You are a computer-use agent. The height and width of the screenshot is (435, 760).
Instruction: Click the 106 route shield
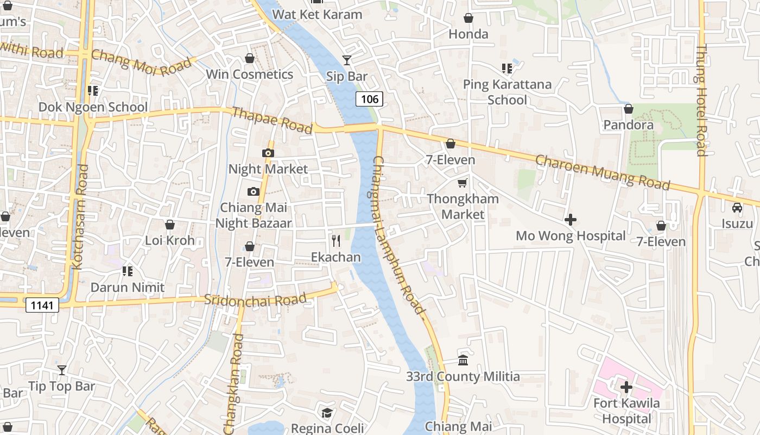(x=370, y=99)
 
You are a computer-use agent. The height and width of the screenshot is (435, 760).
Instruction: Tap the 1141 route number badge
(x=42, y=305)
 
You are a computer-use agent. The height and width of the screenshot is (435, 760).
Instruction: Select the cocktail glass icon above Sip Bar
(x=347, y=60)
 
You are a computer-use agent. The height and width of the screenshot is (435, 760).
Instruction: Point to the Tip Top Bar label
(x=61, y=387)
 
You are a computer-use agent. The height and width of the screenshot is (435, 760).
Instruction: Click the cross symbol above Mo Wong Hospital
(x=571, y=220)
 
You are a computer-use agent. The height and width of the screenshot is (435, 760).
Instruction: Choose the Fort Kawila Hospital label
(x=626, y=411)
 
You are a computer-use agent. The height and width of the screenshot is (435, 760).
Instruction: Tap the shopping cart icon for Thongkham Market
(x=463, y=183)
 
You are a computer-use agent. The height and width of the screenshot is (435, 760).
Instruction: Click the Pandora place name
(x=629, y=125)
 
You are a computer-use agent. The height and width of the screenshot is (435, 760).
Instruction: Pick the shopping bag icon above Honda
(x=468, y=18)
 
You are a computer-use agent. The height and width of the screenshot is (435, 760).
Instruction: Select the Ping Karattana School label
(x=507, y=92)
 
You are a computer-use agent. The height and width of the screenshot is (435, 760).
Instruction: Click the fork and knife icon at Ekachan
(x=336, y=240)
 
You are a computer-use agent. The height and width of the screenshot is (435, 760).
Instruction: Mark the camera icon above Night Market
(x=268, y=153)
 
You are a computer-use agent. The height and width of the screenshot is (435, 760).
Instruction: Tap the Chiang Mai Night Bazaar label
(x=254, y=215)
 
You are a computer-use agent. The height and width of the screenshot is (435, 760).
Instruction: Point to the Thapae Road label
(x=272, y=120)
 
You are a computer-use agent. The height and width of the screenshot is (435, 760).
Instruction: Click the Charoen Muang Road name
(x=603, y=172)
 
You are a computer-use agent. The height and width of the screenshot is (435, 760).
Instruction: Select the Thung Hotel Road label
(x=701, y=100)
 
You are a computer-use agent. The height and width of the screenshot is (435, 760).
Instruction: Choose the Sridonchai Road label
(x=255, y=300)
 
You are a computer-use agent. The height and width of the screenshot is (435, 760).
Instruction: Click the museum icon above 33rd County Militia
(x=463, y=360)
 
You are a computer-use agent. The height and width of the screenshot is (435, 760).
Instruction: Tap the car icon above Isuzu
(x=737, y=207)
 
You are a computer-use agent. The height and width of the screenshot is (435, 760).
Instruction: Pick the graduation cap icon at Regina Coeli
(x=326, y=413)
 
